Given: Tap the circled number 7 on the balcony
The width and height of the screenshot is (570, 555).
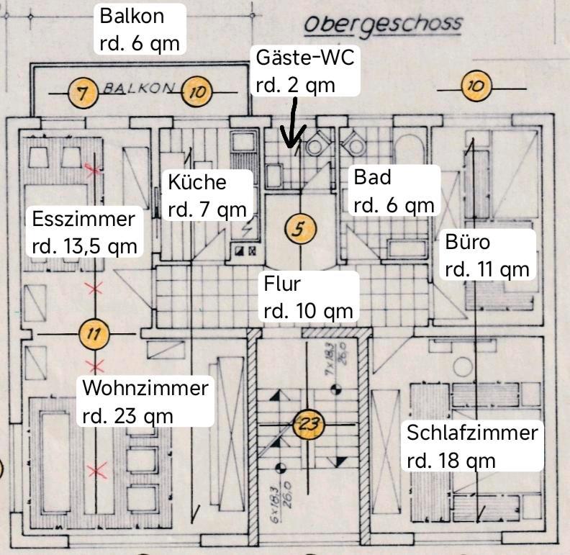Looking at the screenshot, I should (83, 92).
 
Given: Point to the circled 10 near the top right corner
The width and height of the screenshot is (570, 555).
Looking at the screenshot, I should (475, 87).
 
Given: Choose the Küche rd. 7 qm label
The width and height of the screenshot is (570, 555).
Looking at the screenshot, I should (207, 195).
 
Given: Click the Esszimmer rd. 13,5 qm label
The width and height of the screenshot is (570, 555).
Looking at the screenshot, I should (83, 232).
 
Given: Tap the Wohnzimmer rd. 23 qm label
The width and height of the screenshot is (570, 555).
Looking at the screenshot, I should (145, 401).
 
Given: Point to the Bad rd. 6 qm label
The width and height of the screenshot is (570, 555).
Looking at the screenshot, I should (394, 191).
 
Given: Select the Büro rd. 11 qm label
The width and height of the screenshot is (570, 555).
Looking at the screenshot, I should (487, 255).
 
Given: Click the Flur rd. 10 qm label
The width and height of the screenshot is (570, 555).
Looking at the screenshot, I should (308, 297).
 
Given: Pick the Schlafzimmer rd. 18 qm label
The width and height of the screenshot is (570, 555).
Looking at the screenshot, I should (471, 446).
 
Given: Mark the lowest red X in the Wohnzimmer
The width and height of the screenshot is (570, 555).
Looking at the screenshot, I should (96, 471).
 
